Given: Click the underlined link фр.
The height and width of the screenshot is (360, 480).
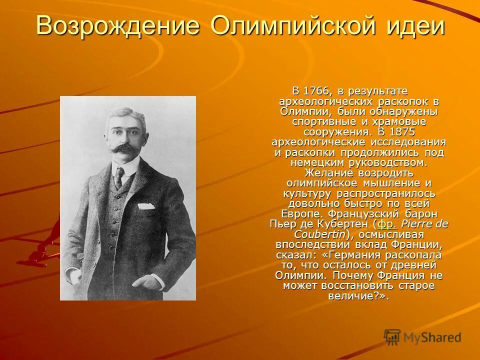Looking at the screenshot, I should tap(387, 224).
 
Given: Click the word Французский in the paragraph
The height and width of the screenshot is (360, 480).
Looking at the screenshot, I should tap(379, 214).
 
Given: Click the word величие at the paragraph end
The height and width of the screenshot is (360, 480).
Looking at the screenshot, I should tap(355, 296).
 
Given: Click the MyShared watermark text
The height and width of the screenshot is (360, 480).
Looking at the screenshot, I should tap(432, 337).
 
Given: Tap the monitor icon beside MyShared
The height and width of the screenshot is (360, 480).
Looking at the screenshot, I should tap(392, 337).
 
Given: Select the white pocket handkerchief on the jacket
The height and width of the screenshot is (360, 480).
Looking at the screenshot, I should tap(146, 205).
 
